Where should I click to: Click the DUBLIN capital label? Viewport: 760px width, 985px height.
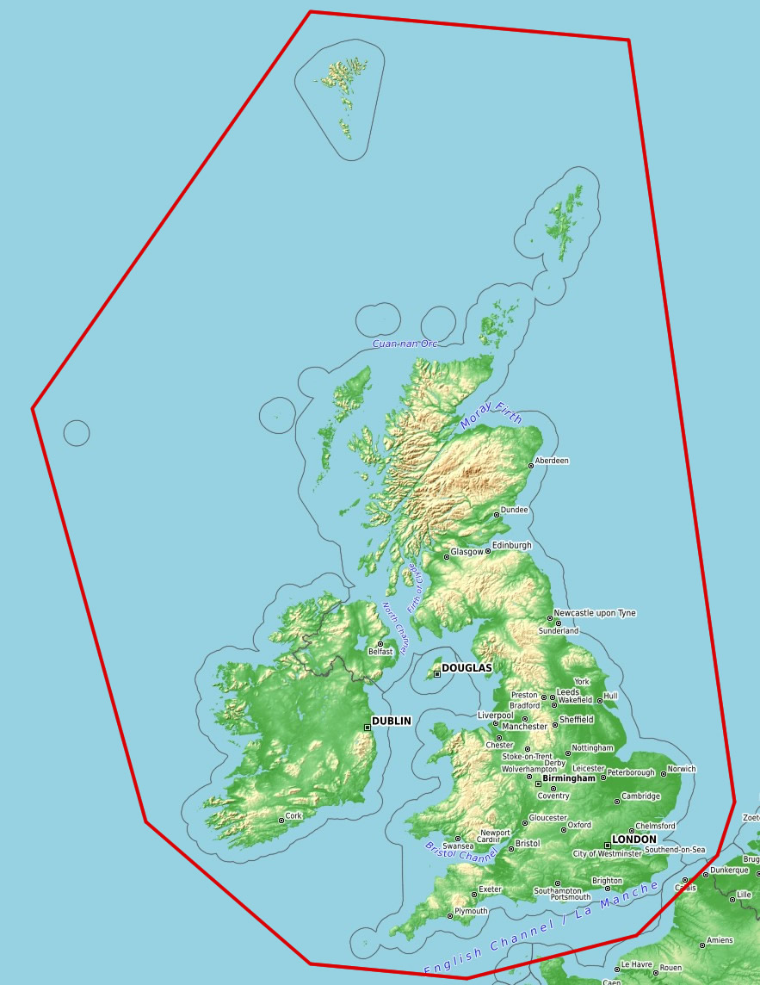392,721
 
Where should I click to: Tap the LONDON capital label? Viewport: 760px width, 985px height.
634,839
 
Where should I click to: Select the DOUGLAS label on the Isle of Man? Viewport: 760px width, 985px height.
467,668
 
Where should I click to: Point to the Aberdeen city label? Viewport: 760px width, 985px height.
552,461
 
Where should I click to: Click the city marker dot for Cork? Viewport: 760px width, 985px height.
281,821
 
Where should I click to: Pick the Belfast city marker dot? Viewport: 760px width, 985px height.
380,644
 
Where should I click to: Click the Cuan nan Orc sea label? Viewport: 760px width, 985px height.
405,344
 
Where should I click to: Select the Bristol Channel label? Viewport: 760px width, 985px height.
461,852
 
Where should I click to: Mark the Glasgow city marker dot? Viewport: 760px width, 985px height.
447,557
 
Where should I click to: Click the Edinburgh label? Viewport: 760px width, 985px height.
512,545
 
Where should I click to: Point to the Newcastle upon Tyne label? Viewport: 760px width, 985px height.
595,613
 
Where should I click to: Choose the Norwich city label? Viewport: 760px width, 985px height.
682,769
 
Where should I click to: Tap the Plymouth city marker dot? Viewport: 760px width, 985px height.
450,916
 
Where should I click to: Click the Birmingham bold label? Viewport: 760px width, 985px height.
569,778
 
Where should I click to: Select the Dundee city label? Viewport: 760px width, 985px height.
515,510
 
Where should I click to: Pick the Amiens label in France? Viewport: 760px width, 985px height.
720,940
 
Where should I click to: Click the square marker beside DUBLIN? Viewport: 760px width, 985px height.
368,728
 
